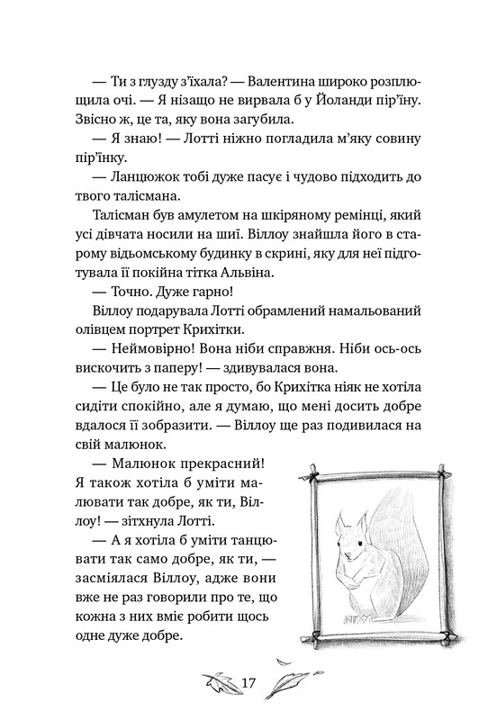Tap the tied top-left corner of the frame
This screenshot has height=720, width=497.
311,478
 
